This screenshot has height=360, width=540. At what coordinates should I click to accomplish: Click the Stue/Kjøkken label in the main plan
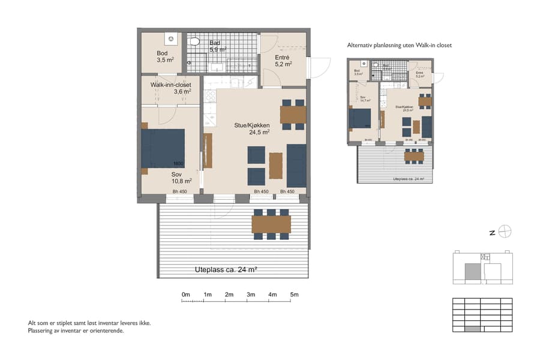click(251, 125)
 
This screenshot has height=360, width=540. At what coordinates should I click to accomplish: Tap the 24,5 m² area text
click(259, 133)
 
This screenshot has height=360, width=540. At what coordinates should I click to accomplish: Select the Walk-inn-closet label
click(170, 85)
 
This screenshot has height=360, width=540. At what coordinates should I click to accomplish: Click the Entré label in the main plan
click(282, 57)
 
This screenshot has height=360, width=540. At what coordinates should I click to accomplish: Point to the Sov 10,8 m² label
click(181, 177)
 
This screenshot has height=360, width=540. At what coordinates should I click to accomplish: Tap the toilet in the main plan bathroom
click(196, 41)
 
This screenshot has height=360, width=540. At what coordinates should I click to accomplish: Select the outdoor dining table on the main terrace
click(272, 224)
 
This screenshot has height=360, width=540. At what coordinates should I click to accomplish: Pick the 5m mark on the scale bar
click(294, 295)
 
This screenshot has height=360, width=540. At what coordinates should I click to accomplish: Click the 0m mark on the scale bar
click(186, 295)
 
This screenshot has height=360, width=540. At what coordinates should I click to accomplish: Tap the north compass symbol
click(506, 232)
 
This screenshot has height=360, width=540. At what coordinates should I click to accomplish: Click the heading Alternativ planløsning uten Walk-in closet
click(399, 45)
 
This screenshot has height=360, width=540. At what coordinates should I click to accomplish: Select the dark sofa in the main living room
click(296, 165)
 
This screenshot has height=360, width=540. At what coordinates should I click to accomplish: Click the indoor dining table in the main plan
click(293, 114)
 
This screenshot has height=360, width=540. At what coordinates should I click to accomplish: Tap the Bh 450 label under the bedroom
click(179, 191)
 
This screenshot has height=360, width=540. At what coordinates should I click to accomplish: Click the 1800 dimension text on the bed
click(178, 164)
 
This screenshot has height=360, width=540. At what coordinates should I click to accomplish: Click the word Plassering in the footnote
click(43, 330)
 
